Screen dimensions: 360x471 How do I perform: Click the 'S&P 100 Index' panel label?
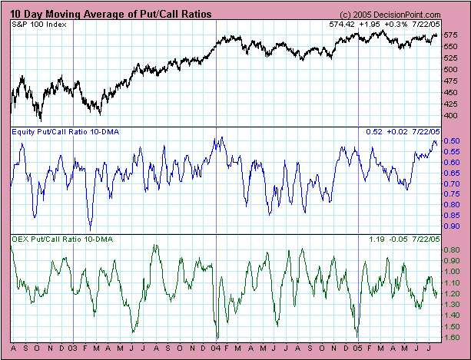[38, 25]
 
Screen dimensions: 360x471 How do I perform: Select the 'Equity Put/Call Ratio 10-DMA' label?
[62, 132]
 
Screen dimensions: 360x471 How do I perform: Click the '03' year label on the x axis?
[72, 348]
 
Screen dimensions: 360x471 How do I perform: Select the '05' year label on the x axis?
[359, 348]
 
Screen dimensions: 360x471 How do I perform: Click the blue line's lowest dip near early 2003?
[90, 229]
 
